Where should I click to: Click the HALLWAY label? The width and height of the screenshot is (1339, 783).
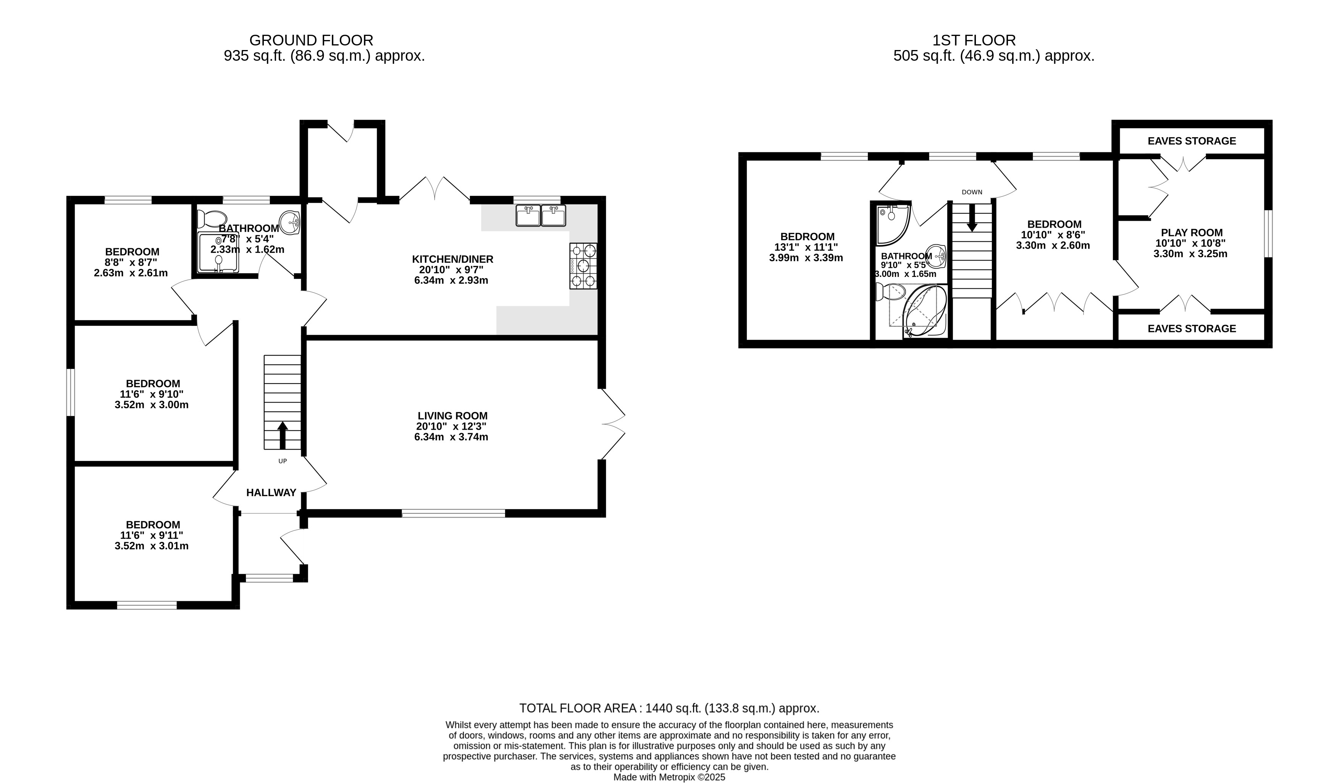[271, 493]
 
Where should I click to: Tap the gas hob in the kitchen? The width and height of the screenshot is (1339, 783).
[583, 266]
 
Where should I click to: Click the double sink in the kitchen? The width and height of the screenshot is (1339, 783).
[540, 215]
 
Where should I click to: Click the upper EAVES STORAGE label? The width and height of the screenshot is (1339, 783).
[1192, 141]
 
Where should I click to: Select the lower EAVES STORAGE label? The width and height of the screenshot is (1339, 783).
[1192, 328]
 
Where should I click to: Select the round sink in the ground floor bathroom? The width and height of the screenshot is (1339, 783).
[289, 222]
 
